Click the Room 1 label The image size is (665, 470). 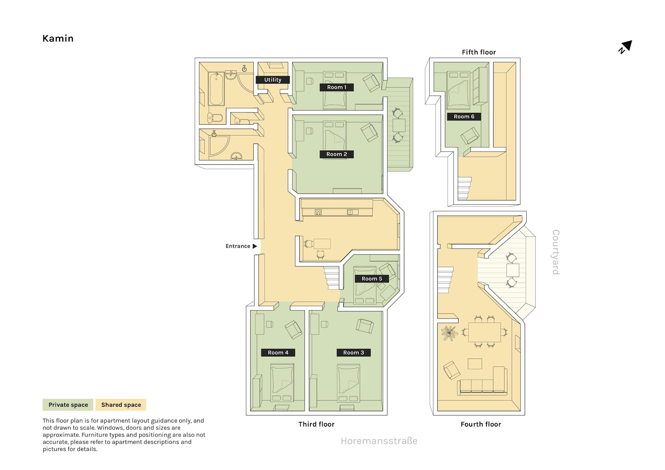click(336, 87)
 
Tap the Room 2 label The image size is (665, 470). click(336, 154)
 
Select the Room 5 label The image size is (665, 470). click(372, 279)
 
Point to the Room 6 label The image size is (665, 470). click(464, 117)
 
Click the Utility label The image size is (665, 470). click(273, 80)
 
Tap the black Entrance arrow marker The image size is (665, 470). click(255, 246)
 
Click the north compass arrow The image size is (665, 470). click(625, 47)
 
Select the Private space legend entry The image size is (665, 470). click(68, 405)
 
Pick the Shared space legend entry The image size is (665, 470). click(121, 405)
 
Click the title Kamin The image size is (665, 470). click(58, 38)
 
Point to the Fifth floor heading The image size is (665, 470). click(479, 52)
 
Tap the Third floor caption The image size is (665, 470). click(316, 424)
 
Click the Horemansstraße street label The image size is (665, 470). click(379, 441)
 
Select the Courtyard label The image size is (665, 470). click(556, 252)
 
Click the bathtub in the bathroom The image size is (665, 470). click(216, 89)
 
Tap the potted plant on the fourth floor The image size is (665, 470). click(449, 333)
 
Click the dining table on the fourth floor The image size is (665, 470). click(484, 332)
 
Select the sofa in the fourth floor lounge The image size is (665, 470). click(483, 381)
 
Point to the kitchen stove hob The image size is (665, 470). click(318, 212)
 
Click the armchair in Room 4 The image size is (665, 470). click(293, 330)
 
